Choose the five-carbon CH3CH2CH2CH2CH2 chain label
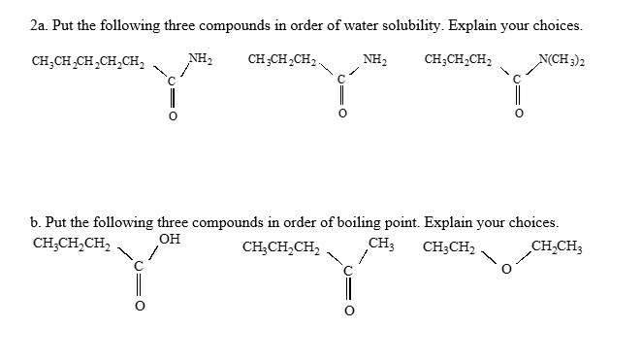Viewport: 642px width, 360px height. coord(86,65)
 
